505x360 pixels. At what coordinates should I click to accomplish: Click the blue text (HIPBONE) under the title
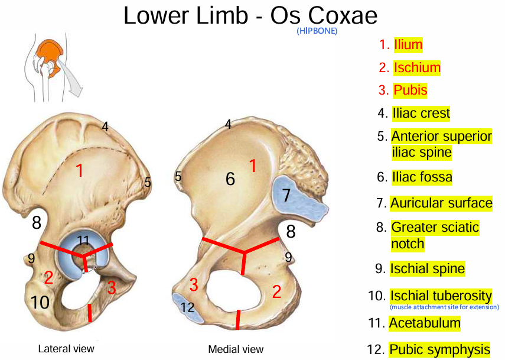click(x=317, y=31)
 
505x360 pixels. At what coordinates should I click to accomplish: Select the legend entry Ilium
click(x=408, y=44)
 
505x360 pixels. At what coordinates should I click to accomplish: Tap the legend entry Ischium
click(x=417, y=68)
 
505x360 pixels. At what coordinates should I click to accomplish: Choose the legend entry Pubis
click(x=410, y=90)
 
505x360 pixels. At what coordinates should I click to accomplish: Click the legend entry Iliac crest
click(x=421, y=113)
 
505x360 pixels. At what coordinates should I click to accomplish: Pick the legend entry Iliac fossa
click(x=422, y=177)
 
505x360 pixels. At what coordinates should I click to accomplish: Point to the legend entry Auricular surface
click(x=441, y=203)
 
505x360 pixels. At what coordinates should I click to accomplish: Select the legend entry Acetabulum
click(x=424, y=323)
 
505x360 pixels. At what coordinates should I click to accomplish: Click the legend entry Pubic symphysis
click(x=439, y=349)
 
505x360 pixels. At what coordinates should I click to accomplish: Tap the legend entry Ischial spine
click(x=427, y=269)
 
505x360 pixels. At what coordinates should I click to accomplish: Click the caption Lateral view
click(x=66, y=349)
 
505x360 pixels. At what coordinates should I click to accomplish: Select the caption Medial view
click(x=236, y=349)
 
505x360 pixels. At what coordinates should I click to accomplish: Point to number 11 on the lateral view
click(x=83, y=240)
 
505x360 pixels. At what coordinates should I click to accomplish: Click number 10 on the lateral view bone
click(x=40, y=303)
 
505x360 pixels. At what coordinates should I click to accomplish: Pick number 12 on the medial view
click(x=187, y=307)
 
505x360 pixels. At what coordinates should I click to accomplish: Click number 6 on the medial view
click(x=230, y=179)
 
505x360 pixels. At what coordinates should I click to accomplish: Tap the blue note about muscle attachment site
click(x=444, y=307)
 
